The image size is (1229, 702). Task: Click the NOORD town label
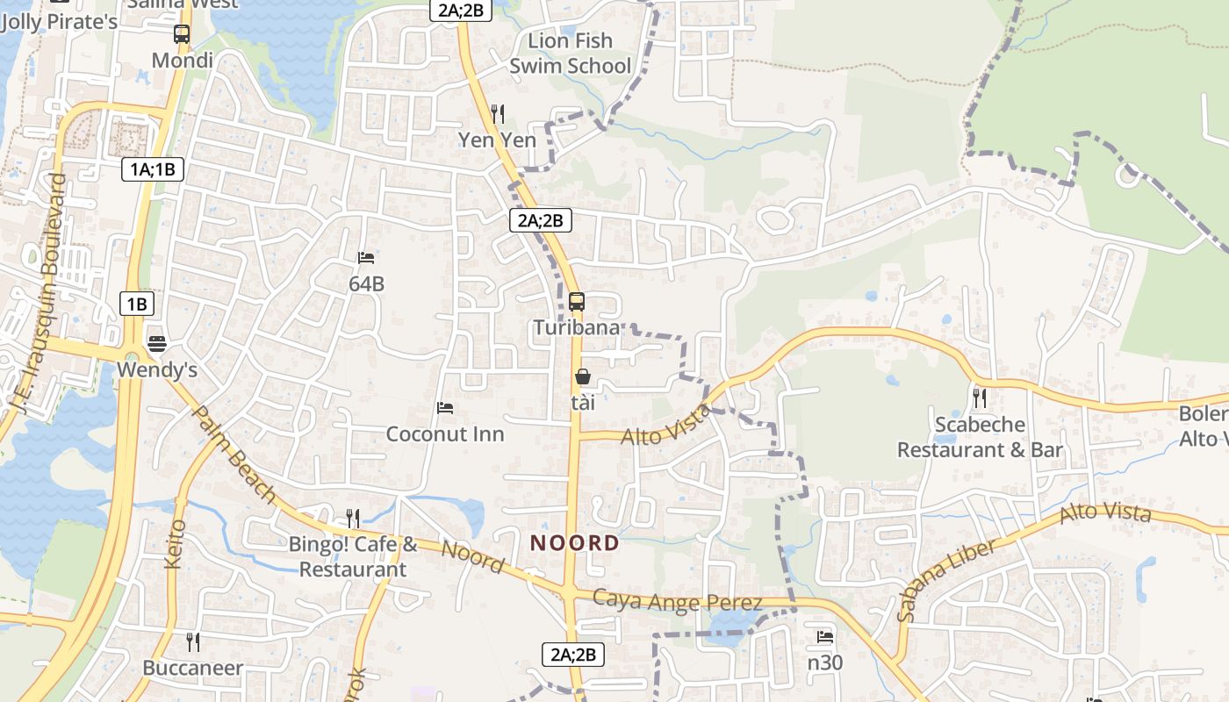(575, 543)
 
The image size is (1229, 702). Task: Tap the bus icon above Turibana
(577, 302)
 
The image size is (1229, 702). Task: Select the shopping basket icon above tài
(583, 376)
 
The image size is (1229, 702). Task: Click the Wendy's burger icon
(157, 343)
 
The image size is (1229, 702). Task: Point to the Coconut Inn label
(445, 434)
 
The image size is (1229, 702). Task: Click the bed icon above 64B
(366, 258)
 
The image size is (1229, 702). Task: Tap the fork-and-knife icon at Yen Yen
(498, 113)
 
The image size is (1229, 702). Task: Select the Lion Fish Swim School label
(571, 54)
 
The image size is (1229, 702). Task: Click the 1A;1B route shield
(153, 169)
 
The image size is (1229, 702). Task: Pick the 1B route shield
(137, 304)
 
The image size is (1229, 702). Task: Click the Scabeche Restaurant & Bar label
(980, 437)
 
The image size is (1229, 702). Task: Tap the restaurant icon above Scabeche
(980, 398)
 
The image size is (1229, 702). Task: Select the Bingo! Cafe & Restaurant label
(353, 557)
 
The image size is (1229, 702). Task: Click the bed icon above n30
(825, 637)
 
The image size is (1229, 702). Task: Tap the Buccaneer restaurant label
(193, 668)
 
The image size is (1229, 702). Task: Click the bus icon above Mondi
(182, 34)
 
